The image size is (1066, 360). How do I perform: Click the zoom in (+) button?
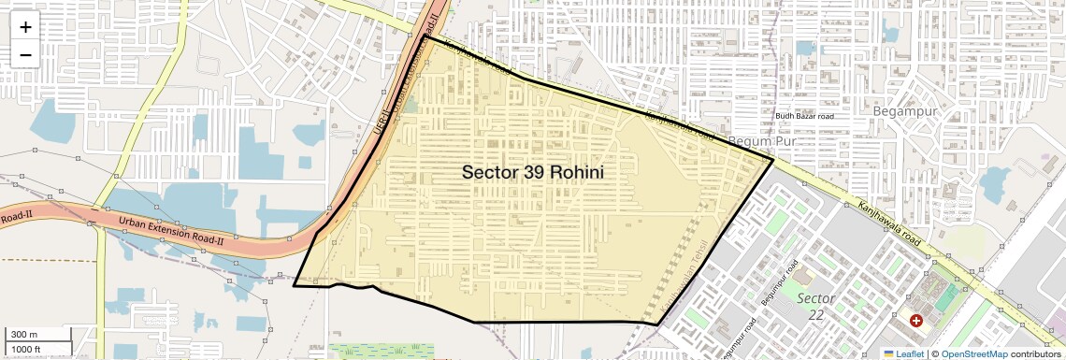pos(25,27)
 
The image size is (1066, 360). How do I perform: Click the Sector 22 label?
pos(815,307)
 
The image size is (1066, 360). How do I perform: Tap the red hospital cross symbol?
pos(915,321)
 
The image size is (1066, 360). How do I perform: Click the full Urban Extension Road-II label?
pos(171,227)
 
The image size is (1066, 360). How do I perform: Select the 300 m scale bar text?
pos(24,335)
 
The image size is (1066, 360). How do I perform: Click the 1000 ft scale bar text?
pos(28,349)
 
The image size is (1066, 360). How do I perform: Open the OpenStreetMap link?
pos(973,354)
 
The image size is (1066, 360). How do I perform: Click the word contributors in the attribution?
pos(1036,354)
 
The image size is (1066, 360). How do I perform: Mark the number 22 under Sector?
pos(816,316)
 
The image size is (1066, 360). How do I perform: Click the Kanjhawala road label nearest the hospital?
pos(888,222)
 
